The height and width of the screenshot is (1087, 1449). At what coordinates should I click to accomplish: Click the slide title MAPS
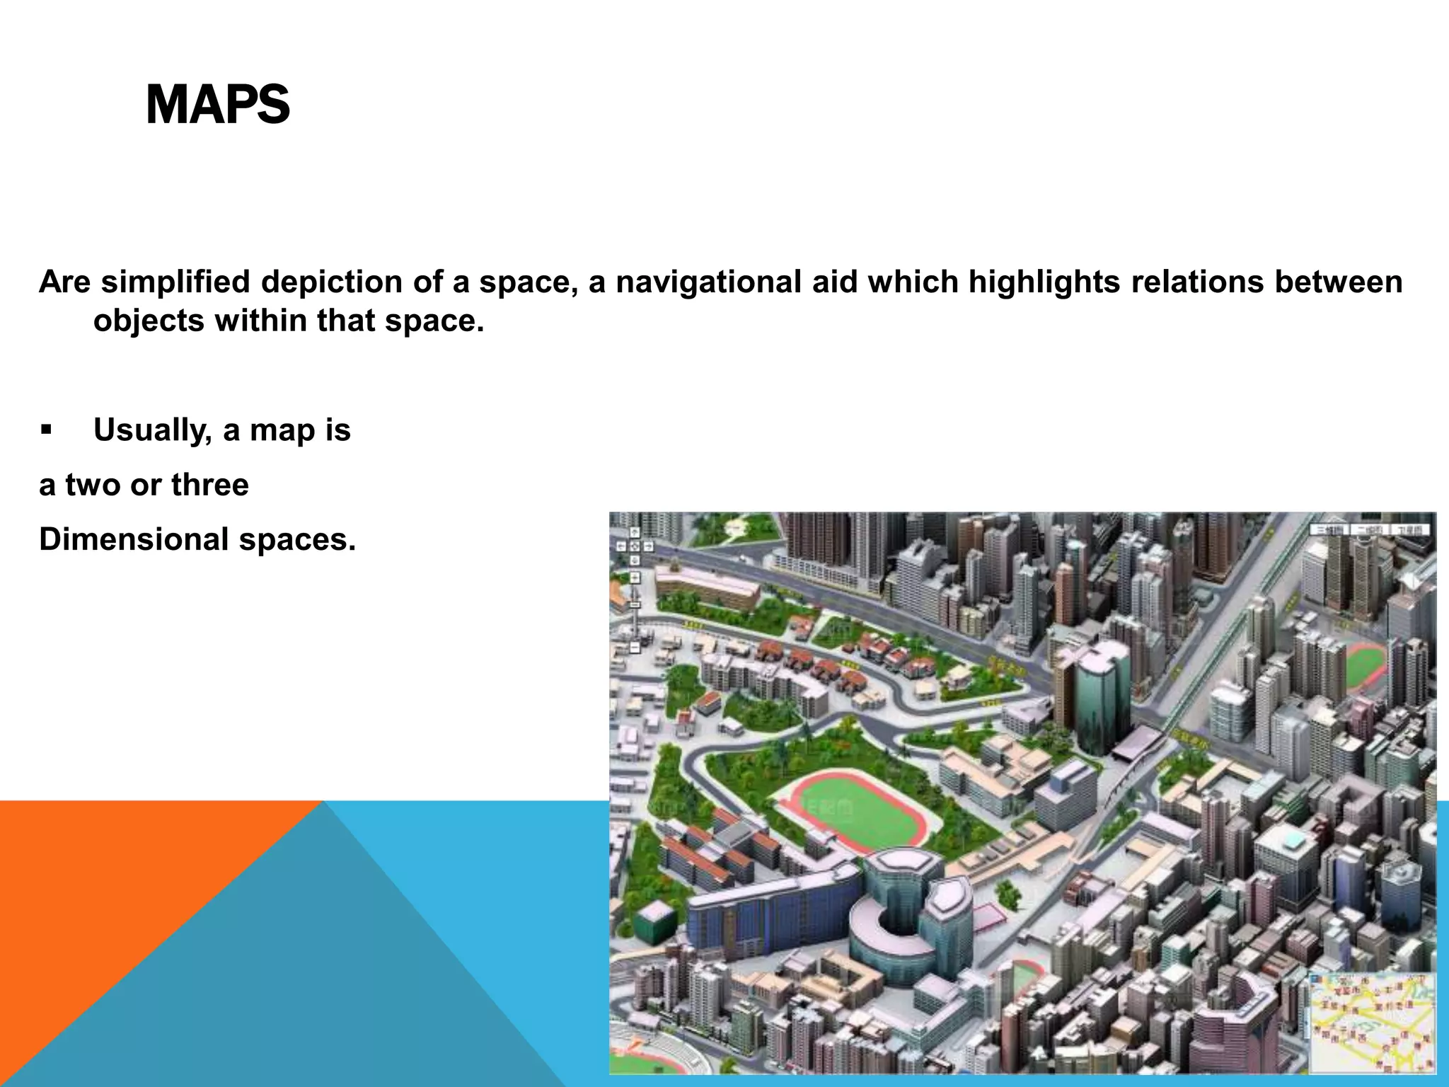(217, 105)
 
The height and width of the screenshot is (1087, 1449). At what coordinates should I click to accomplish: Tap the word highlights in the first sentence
(1044, 282)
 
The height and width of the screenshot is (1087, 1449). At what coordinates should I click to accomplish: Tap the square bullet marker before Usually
(47, 429)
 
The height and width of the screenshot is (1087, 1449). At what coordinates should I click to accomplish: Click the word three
(209, 485)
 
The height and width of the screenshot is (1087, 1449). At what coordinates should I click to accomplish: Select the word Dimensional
(132, 539)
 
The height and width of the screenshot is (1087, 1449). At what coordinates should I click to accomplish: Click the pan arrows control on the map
(634, 546)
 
